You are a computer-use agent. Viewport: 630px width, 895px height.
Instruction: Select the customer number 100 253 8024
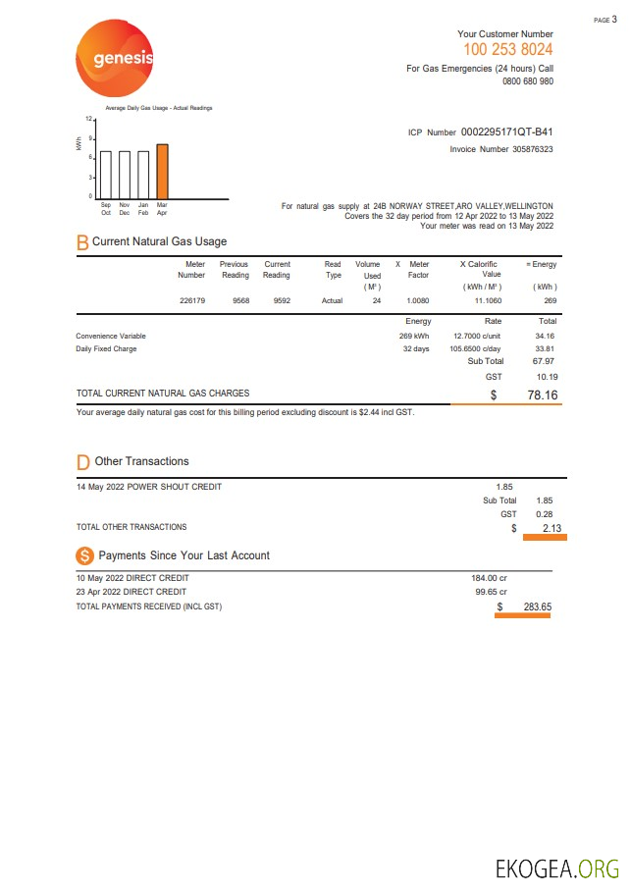pyautogui.click(x=507, y=49)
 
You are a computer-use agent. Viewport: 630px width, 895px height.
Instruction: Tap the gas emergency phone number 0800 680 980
pyautogui.click(x=527, y=81)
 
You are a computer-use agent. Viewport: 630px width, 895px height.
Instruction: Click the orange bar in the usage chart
pyautogui.click(x=162, y=171)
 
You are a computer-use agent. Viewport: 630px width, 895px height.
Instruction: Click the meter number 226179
pyautogui.click(x=192, y=300)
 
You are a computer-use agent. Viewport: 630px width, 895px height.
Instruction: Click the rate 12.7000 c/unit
pyautogui.click(x=478, y=336)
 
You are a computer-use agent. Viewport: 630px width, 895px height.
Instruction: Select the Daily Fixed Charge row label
pyautogui.click(x=106, y=348)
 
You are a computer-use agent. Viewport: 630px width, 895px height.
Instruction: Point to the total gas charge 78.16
pyautogui.click(x=543, y=395)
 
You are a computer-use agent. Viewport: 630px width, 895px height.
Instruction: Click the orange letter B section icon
pyautogui.click(x=82, y=241)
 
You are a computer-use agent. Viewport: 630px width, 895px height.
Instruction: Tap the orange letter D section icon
pyautogui.click(x=83, y=461)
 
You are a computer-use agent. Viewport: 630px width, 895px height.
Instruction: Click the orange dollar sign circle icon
pyautogui.click(x=84, y=555)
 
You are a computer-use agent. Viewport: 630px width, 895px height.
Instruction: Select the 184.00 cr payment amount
pyautogui.click(x=489, y=578)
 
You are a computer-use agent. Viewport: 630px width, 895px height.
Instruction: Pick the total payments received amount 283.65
pyautogui.click(x=537, y=606)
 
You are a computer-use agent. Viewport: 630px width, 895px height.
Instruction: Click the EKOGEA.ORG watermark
pyautogui.click(x=556, y=869)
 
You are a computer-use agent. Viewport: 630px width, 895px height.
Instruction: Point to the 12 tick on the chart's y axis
pyautogui.click(x=87, y=118)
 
